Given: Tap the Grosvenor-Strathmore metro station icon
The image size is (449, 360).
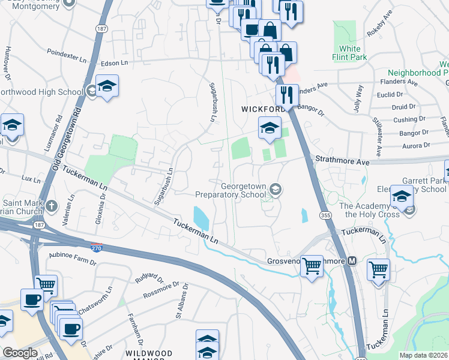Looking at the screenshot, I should tap(352, 261).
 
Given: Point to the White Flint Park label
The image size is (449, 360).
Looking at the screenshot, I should tap(350, 53).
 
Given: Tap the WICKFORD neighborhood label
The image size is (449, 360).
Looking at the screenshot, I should tap(262, 109).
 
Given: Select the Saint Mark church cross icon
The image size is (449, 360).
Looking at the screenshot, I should tap(53, 206).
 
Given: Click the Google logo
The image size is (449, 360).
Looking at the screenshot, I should tap(20, 352).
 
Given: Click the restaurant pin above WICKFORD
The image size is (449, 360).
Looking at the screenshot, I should tap(286, 95).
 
